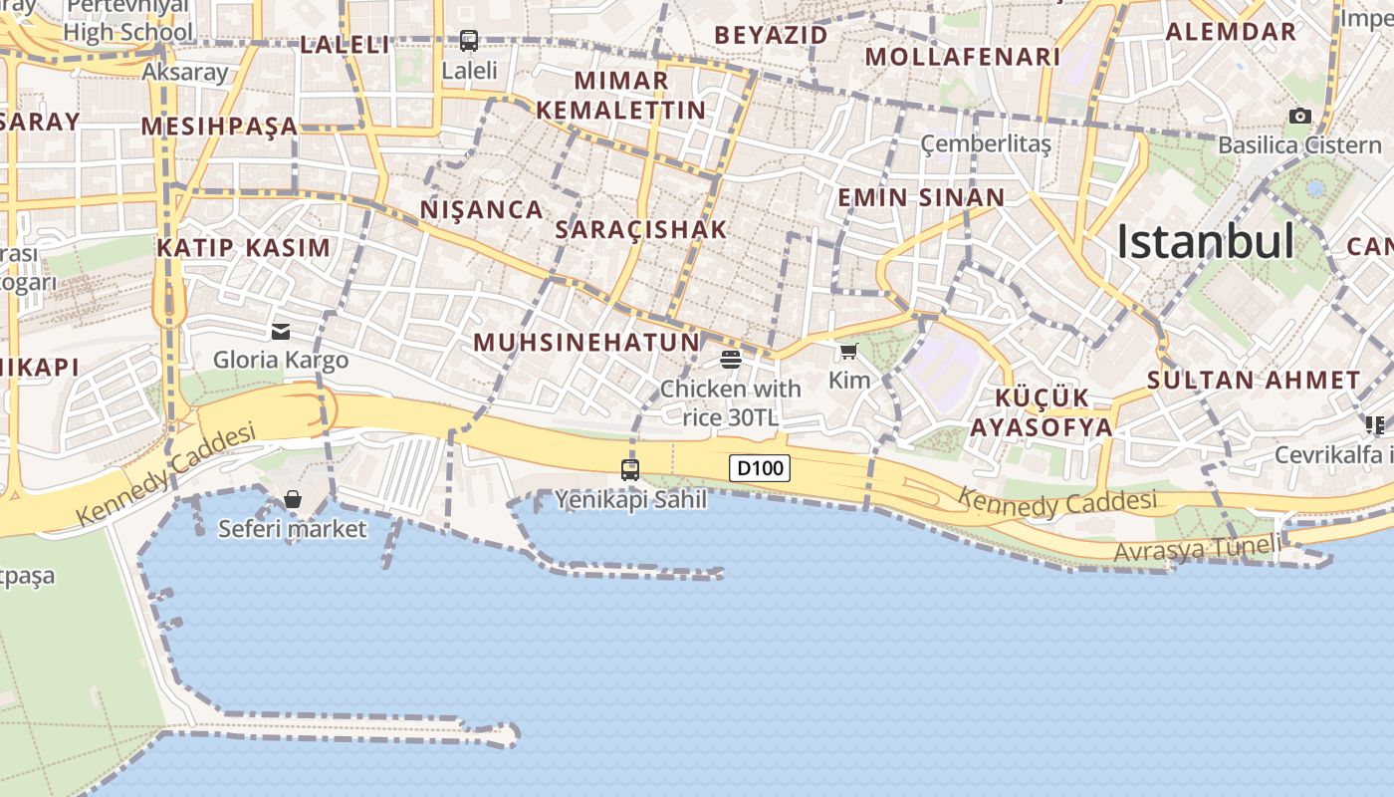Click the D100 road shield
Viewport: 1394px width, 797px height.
760,467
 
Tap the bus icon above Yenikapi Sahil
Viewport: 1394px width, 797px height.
630,469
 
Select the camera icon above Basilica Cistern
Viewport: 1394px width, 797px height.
1299,117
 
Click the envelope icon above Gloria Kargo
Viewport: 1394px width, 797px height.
281,331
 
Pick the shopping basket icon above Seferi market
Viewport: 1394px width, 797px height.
293,499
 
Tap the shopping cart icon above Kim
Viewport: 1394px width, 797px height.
848,351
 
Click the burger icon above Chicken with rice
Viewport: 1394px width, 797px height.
731,359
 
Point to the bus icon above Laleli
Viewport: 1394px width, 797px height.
469,41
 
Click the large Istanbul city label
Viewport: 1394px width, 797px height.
1205,242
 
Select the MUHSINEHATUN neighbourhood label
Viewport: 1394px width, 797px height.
586,343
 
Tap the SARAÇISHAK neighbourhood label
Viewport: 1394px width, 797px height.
641,229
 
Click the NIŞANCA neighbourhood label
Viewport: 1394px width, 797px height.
482,209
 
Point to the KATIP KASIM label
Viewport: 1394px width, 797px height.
244,248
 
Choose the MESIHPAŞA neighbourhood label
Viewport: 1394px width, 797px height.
220,127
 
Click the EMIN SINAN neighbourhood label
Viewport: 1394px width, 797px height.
921,197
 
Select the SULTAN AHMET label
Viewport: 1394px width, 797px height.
1254,380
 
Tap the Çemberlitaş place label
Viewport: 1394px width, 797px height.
986,144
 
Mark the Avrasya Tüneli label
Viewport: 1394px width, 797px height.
1198,548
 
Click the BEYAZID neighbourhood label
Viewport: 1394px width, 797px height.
772,35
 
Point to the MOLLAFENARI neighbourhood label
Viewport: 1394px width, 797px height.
963,57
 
